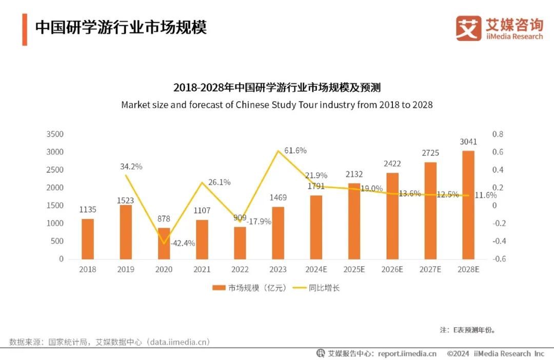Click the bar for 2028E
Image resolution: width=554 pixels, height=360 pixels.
click(x=468, y=205)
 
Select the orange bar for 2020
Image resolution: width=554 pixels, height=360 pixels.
click(x=164, y=243)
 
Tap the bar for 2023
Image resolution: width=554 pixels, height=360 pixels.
click(x=278, y=233)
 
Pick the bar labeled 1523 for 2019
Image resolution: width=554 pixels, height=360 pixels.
click(x=126, y=232)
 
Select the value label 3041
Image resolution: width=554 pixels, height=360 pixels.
click(x=468, y=141)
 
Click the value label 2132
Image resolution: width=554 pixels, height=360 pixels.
click(x=354, y=173)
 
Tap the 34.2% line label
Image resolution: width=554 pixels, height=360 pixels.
click(x=131, y=167)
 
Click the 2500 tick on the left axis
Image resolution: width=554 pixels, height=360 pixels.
click(x=54, y=170)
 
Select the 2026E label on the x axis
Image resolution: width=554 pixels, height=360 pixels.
click(x=392, y=270)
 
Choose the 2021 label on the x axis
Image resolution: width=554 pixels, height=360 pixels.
click(x=202, y=270)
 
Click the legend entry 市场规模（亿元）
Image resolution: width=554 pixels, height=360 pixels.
click(x=249, y=288)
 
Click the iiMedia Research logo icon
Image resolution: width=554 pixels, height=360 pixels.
click(x=468, y=29)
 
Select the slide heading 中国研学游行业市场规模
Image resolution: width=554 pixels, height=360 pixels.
click(x=121, y=28)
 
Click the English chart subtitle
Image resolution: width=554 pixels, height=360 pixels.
click(x=277, y=105)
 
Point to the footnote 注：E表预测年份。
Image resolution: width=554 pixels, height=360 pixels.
click(x=467, y=330)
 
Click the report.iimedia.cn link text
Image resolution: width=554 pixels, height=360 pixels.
click(x=407, y=353)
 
